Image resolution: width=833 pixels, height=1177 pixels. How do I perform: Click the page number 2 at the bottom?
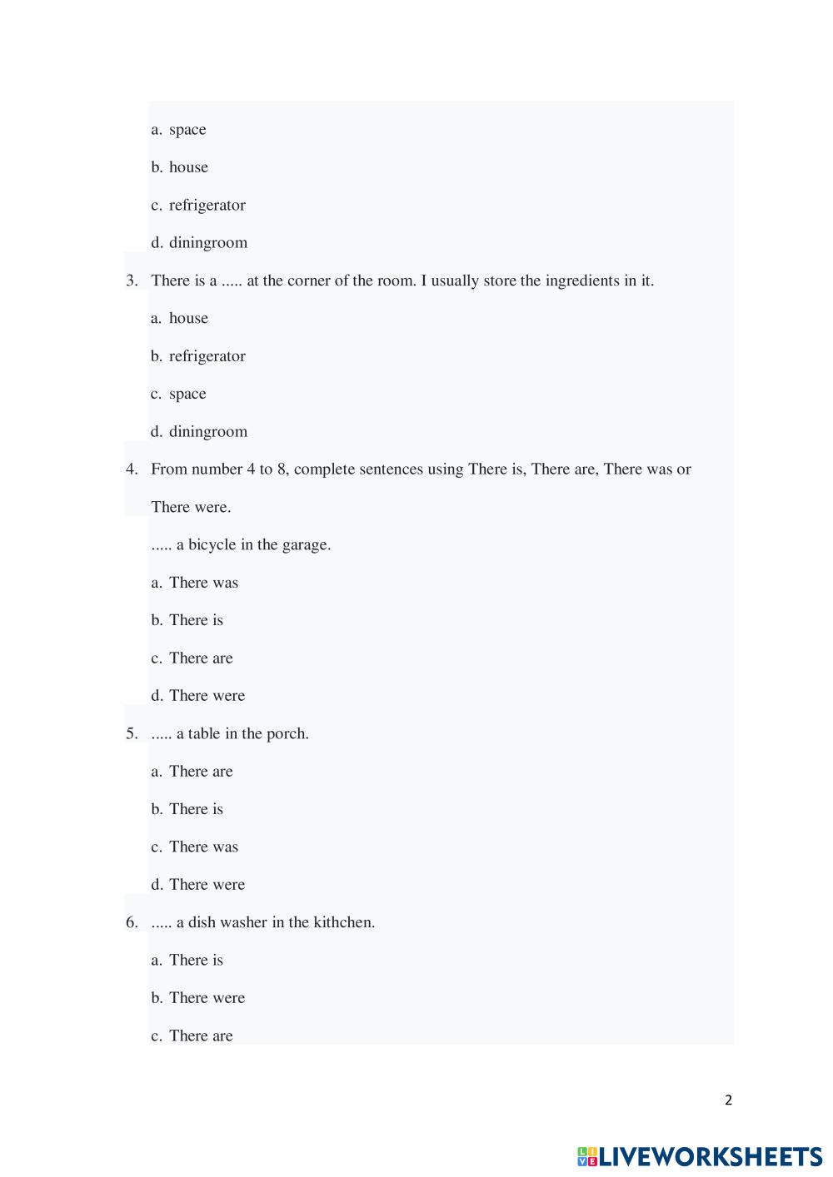pos(728,1100)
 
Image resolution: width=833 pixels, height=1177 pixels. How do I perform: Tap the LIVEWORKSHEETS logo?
pos(699,1156)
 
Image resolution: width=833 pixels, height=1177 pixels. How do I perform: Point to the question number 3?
pos(132,281)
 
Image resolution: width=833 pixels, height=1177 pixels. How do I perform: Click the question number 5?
pos(132,733)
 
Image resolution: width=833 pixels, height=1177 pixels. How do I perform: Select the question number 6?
pos(132,922)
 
